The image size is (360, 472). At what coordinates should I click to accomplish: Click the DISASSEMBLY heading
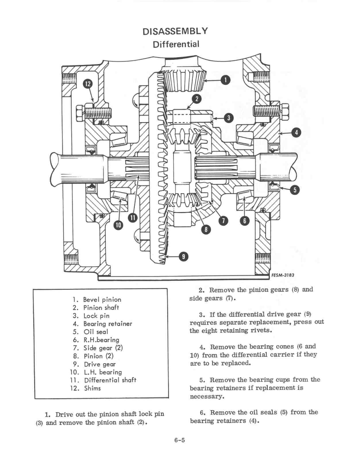point(175,31)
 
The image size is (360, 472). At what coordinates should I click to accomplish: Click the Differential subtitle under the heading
point(175,44)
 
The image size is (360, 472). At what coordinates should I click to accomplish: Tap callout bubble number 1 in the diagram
point(225,79)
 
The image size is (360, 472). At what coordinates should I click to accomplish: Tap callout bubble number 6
point(245,221)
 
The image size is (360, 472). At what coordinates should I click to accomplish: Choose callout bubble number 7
point(223,221)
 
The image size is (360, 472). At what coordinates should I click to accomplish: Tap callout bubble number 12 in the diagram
point(88,84)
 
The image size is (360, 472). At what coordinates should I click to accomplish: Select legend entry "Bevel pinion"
point(101,299)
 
